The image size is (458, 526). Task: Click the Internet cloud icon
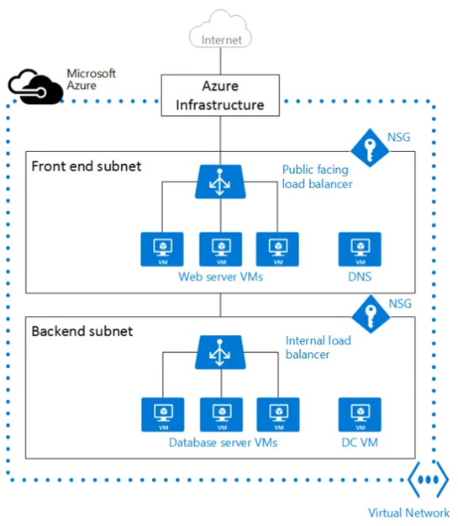click(220, 29)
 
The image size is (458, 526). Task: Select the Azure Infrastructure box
click(220, 95)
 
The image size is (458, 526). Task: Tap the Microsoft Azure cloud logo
click(35, 87)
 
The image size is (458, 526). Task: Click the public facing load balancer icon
click(220, 181)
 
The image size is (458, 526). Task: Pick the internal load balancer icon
click(220, 352)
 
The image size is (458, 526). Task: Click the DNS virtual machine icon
click(360, 250)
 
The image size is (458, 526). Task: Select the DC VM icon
click(360, 414)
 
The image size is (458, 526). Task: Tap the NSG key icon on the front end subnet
click(370, 148)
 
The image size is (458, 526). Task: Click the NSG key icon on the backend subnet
click(371, 314)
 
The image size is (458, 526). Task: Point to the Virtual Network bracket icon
click(428, 480)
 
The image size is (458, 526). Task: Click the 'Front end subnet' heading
click(87, 166)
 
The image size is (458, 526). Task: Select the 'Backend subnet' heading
click(82, 331)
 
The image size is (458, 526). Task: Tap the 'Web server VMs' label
click(220, 276)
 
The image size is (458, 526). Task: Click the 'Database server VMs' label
click(224, 443)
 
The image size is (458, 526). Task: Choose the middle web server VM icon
click(221, 250)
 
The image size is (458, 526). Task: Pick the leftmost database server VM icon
click(163, 414)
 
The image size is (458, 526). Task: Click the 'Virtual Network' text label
click(408, 513)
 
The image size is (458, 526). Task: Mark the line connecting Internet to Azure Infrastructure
click(220, 61)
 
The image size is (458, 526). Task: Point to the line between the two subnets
click(220, 305)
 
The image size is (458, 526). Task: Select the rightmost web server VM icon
click(277, 250)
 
